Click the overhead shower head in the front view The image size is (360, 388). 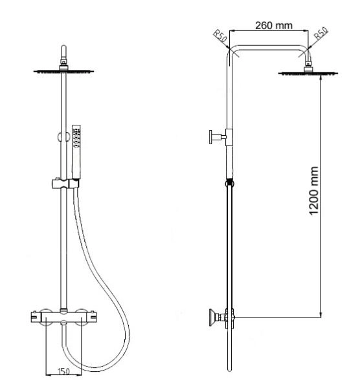(x=62, y=72)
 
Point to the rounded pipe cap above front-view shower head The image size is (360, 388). (x=62, y=50)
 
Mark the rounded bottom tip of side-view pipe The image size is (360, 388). (x=228, y=370)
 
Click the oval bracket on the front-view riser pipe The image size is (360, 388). (x=62, y=136)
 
